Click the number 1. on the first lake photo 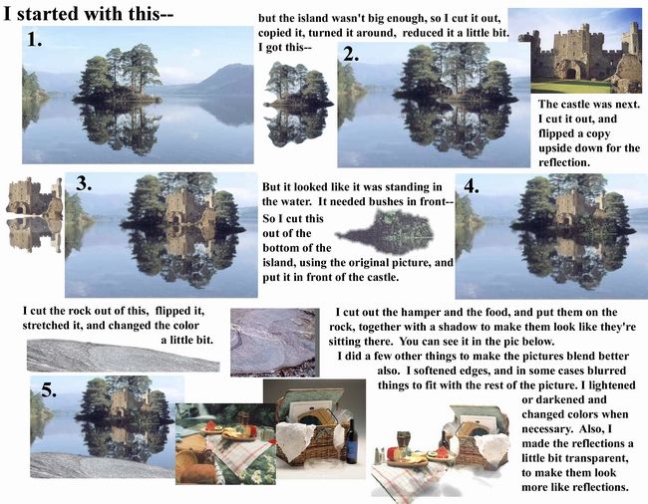[x=34, y=39]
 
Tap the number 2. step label [x=351, y=54]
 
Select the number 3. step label [x=84, y=183]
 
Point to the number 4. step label [x=472, y=186]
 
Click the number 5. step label [x=49, y=389]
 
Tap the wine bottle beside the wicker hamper [x=352, y=441]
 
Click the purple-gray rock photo [x=275, y=343]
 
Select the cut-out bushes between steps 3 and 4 [x=385, y=231]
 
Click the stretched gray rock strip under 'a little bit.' [x=123, y=356]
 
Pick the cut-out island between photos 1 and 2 [x=298, y=104]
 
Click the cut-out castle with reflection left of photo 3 [x=34, y=214]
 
